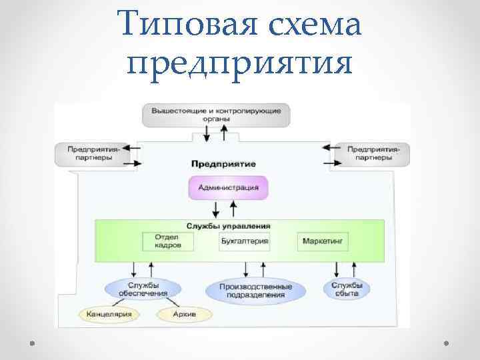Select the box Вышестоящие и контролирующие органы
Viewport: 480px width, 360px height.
(x=216, y=114)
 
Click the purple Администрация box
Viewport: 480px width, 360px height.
(x=228, y=187)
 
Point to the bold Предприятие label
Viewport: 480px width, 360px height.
(x=223, y=163)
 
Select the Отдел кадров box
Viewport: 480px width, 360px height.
(x=167, y=241)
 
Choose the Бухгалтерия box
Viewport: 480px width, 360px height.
(x=244, y=241)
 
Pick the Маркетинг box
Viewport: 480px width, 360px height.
(x=323, y=241)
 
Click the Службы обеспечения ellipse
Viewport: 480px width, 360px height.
(x=143, y=289)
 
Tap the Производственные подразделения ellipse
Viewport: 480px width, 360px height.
(x=256, y=290)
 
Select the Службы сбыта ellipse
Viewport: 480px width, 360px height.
(x=347, y=289)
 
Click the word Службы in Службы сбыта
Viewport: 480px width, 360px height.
(x=347, y=285)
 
